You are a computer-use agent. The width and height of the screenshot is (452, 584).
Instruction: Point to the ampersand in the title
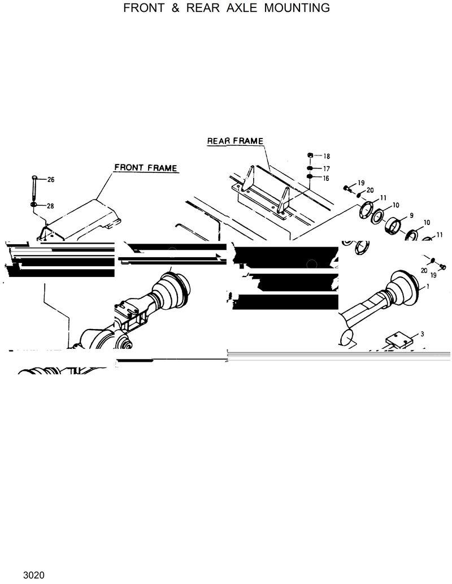(173, 8)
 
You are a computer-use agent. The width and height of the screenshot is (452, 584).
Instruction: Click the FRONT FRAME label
(146, 168)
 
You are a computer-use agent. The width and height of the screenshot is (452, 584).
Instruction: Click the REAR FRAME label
(235, 141)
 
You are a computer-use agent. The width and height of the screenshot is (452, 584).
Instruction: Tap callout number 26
(50, 180)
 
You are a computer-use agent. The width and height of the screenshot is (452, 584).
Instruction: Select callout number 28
(50, 206)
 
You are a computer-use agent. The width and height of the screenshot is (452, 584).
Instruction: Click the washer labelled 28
(35, 204)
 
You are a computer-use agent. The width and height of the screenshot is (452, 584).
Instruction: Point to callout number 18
(327, 156)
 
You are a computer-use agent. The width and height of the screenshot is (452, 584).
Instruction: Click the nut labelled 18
(310, 155)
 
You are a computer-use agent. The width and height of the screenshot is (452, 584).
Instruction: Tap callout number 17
(327, 168)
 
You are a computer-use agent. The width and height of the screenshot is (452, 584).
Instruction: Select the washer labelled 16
(310, 177)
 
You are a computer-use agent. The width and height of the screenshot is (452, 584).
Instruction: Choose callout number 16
(327, 178)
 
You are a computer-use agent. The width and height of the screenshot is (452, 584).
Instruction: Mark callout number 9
(411, 215)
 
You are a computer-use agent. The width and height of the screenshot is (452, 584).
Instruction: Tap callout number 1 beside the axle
(428, 287)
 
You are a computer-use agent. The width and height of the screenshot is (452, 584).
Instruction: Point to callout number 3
(421, 334)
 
